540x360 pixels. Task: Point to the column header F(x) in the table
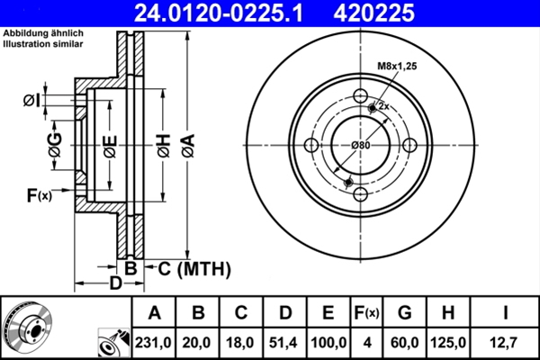(367, 312)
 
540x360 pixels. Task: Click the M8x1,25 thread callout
(396, 65)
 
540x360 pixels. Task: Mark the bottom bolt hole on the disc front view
(360, 195)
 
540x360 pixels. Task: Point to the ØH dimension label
(163, 144)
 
